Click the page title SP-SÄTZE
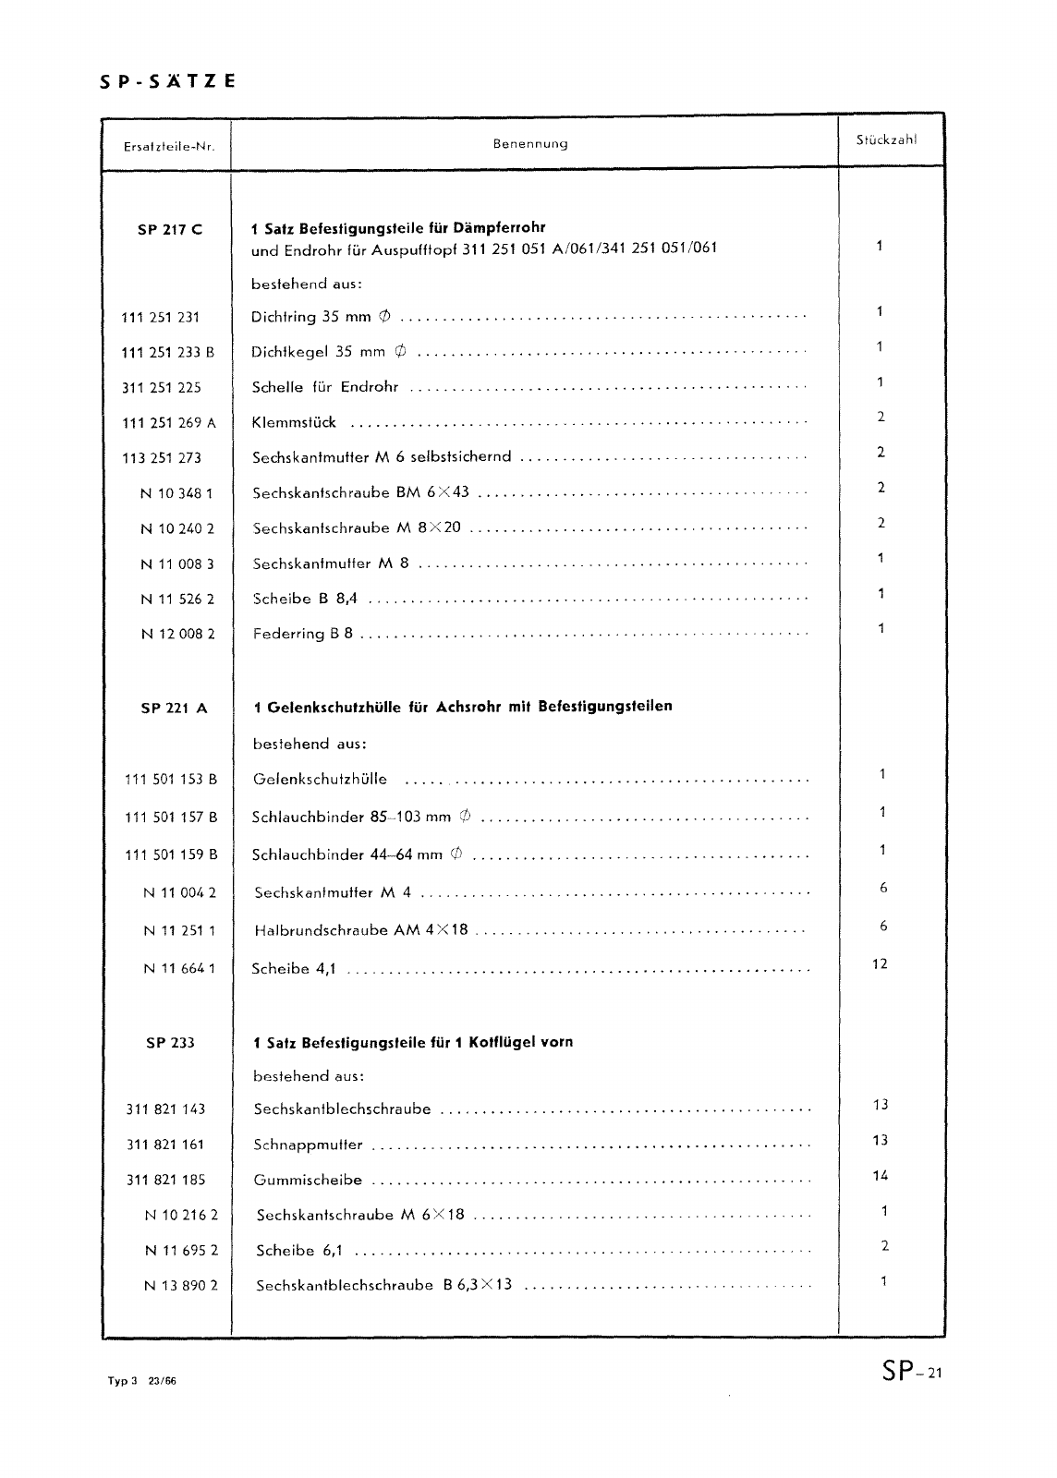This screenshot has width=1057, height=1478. tap(167, 81)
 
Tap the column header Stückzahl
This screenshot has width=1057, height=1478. tap(886, 140)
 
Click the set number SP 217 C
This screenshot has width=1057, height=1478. tap(170, 230)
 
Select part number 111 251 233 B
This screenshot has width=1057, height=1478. tap(168, 352)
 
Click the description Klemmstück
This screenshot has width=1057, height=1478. tap(294, 423)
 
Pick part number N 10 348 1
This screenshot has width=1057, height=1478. tap(176, 493)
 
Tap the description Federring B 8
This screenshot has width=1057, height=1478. tap(302, 634)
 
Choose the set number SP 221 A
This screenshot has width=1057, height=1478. tap(174, 709)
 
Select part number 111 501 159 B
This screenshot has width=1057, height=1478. tap(171, 855)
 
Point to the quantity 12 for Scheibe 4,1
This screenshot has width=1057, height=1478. tap(880, 964)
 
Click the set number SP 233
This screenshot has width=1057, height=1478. tap(170, 1043)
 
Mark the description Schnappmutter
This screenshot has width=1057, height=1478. tap(308, 1145)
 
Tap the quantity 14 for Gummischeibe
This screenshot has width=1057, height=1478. tap(880, 1176)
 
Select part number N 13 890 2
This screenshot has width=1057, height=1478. tap(181, 1285)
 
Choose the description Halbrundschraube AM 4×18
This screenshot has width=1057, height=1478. tap(360, 931)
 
